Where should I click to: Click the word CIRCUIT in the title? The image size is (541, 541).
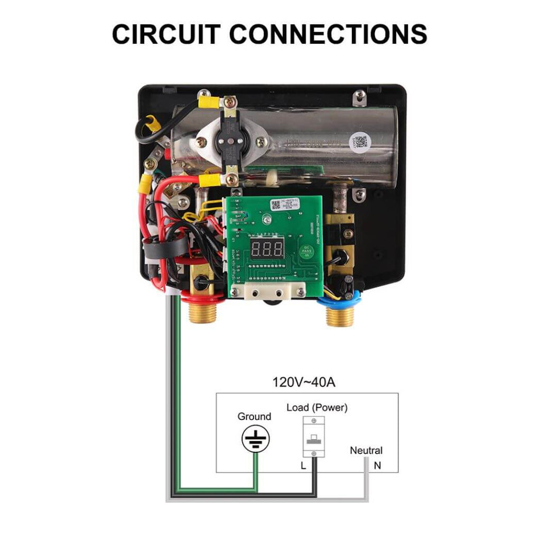coord(166,34)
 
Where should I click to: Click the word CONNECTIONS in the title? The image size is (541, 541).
coord(328,34)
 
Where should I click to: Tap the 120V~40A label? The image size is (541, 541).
coord(304,382)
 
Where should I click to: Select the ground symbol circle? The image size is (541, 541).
coord(256,439)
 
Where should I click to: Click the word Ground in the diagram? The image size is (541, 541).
coord(254,416)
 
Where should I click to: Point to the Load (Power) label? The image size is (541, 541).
coord(317,408)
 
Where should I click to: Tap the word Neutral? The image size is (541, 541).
coord(366,451)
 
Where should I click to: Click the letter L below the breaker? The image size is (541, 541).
coord(303,465)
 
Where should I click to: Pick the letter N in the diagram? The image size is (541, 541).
coord(377,465)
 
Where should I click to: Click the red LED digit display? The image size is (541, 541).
coord(267,250)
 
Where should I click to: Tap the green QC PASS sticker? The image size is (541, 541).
coord(306,252)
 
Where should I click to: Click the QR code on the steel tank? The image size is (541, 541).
coord(360,142)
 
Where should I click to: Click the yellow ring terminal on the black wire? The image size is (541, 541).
coord(153,125)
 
